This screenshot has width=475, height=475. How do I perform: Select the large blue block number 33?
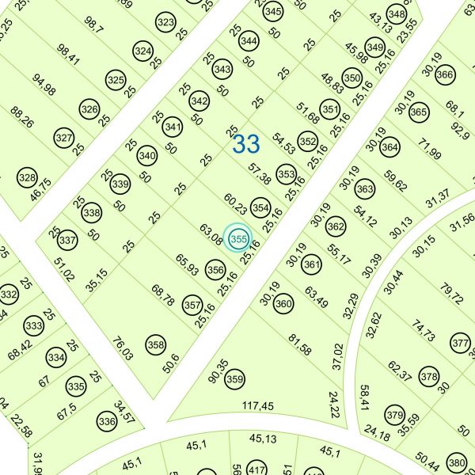246,144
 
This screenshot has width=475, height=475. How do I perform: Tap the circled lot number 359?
234,379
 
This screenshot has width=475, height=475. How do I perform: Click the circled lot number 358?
156,344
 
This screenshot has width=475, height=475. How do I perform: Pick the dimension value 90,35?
217,370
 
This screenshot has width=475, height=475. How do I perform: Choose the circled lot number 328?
28,177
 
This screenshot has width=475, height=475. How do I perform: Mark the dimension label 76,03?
123,349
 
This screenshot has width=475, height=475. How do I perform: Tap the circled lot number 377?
460,344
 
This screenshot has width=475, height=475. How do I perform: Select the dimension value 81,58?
300,345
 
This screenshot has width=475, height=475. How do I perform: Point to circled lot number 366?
445,74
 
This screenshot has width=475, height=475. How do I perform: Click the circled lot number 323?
165,22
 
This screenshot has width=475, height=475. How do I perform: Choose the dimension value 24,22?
334,405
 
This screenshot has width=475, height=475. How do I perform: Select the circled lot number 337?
68,239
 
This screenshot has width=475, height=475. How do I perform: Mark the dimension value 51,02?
65,269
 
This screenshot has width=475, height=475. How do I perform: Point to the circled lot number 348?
397,14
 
